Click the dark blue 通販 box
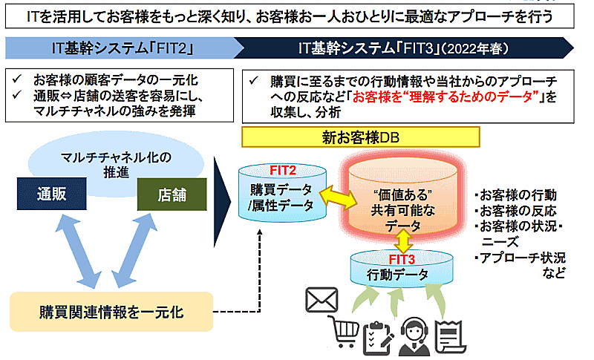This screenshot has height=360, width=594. pos(51,194)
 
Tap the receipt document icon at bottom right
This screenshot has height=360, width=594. pos(451,333)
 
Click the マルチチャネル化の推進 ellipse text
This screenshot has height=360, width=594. pos(111,163)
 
